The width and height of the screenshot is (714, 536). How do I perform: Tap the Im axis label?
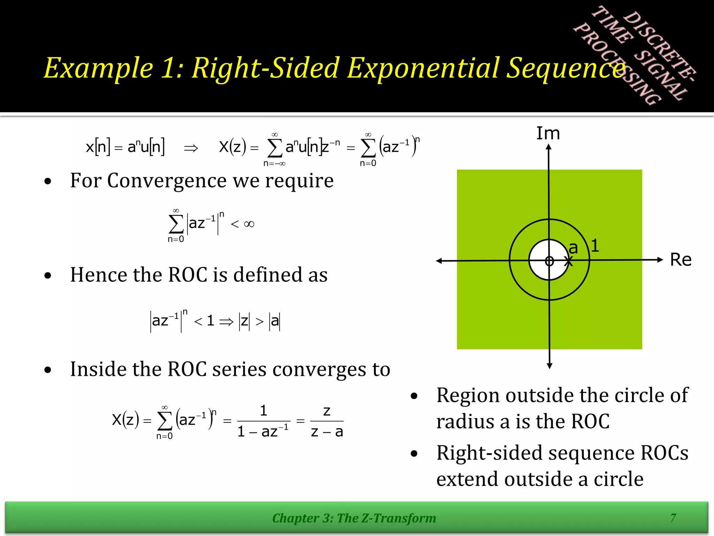coord(548,133)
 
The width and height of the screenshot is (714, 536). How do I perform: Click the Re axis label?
coord(680,260)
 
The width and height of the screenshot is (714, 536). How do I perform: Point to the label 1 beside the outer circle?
coord(595,245)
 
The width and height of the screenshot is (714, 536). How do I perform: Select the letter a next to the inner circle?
coord(573,248)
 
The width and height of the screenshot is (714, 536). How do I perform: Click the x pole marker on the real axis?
coord(568,261)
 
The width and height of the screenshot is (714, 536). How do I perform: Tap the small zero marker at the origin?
coord(549,261)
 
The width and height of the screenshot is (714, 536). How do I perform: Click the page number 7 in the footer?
coord(673,518)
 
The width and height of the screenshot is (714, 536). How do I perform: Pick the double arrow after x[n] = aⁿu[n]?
coord(191,148)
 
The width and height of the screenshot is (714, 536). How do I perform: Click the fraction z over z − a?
coord(327,421)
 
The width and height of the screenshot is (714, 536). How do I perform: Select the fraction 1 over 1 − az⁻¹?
coord(263,421)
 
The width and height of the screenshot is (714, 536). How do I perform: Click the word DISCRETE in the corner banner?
coord(659,45)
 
